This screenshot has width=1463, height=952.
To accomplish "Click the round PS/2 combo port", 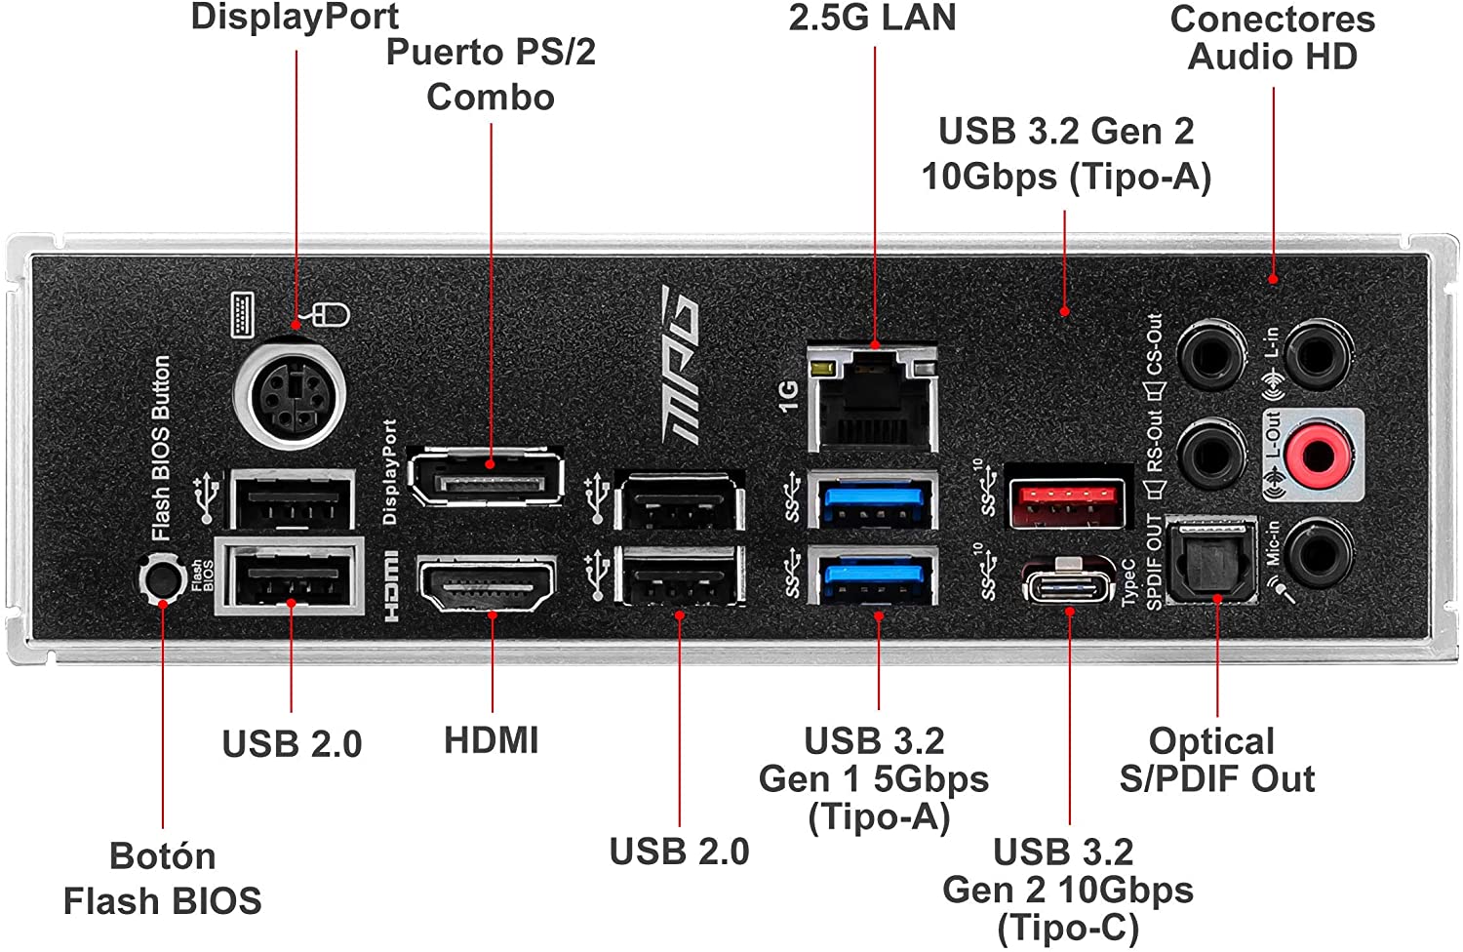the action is point(291,395).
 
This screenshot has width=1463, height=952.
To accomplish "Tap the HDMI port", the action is point(488,583).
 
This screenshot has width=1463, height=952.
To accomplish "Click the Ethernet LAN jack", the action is point(873,399).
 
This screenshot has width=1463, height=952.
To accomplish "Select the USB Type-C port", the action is point(1069,581).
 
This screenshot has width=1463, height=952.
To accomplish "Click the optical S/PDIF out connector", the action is point(1211,561).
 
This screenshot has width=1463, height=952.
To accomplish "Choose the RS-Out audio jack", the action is point(1211,455).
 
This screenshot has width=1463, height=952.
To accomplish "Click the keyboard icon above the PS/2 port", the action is point(242,315).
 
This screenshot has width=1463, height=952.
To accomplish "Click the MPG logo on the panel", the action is point(680,365).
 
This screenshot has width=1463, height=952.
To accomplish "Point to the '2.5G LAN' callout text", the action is point(872,18).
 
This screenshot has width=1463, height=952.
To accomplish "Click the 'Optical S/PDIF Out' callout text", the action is point(1217,759).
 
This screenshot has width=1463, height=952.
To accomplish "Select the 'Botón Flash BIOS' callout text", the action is point(163,878).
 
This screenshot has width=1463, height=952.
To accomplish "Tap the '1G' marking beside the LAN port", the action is point(789,396).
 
